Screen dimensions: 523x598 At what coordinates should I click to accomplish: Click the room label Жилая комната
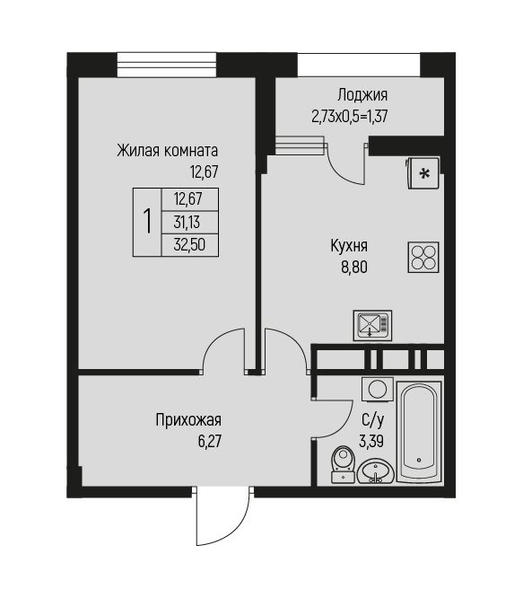[167, 151]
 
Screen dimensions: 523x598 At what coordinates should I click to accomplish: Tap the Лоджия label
[362, 95]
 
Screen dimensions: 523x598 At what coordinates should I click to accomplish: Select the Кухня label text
[349, 246]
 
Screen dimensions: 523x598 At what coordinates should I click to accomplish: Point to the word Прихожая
[188, 420]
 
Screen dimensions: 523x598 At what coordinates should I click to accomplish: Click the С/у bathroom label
[373, 420]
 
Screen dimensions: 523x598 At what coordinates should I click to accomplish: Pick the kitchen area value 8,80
[354, 267]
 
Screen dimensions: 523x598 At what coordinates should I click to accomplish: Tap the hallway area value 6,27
[210, 441]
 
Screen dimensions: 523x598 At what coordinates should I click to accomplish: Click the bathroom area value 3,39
[371, 441]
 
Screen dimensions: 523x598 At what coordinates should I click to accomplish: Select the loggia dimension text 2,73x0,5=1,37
[350, 117]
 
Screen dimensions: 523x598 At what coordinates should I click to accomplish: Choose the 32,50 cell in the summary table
[189, 245]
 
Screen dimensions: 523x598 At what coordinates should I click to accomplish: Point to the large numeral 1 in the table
[147, 221]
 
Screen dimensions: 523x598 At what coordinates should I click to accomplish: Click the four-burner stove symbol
[423, 257]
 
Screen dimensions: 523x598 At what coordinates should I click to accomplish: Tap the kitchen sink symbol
[372, 325]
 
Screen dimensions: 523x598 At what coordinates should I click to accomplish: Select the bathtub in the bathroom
[419, 432]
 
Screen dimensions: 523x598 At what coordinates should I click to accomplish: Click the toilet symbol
[344, 464]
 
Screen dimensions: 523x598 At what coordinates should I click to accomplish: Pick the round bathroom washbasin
[376, 470]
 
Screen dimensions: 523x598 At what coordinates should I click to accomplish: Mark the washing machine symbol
[378, 390]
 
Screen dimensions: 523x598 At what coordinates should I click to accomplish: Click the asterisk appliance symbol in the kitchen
[423, 173]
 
